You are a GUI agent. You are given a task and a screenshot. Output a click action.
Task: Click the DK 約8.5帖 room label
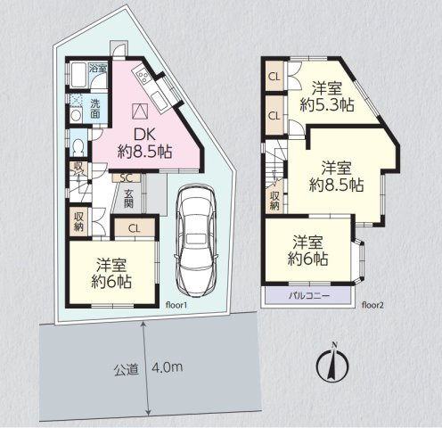click(x=145, y=144)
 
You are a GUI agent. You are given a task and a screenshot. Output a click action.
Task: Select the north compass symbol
click(x=332, y=363)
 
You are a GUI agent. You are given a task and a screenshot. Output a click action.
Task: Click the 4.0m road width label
click(x=168, y=367)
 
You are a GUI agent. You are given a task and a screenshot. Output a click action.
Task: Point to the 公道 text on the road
click(x=127, y=369)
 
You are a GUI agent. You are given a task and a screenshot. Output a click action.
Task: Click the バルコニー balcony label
click(x=309, y=296)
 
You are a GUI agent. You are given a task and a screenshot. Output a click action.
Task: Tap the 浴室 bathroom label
click(x=98, y=68)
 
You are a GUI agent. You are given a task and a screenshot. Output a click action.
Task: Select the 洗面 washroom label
click(x=95, y=109)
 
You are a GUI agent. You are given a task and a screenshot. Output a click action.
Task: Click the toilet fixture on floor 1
click(x=78, y=146)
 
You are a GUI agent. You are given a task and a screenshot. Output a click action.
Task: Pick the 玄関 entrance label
click(x=128, y=199)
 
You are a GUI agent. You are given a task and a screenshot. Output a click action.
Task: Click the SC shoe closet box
click(x=126, y=177)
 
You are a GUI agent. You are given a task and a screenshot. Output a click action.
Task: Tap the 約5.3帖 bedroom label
click(x=327, y=104)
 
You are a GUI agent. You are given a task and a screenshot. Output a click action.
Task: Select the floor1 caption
click(x=176, y=305)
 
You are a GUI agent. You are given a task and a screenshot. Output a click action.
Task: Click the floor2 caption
click(x=372, y=305)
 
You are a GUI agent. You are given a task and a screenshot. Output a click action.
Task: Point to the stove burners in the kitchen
click(x=143, y=76)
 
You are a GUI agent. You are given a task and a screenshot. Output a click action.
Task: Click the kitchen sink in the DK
click(x=159, y=99)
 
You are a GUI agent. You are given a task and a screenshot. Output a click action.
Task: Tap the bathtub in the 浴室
click(x=78, y=75)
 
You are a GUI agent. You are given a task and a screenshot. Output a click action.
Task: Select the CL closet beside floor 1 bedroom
click(x=135, y=228)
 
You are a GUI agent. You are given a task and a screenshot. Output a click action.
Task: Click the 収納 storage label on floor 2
click(x=274, y=201)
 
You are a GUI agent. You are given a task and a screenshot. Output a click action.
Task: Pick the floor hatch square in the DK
click(x=140, y=111)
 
